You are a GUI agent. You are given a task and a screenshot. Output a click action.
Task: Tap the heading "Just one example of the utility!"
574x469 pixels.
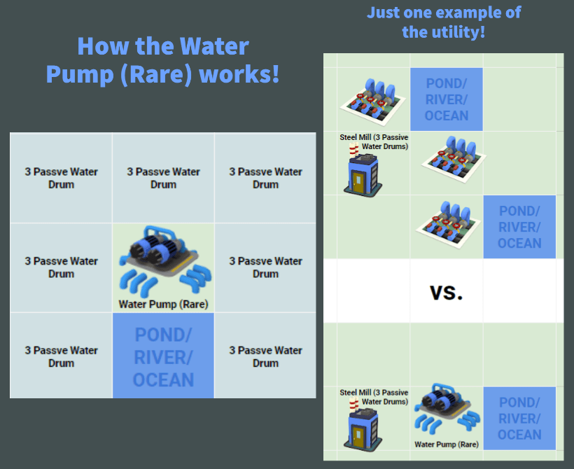pyautogui.click(x=443, y=22)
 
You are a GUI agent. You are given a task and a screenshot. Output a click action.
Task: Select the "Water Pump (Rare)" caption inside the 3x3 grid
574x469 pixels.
pyautogui.click(x=163, y=304)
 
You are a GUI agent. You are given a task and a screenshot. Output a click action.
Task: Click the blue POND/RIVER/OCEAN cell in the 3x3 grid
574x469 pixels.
pyautogui.click(x=163, y=356)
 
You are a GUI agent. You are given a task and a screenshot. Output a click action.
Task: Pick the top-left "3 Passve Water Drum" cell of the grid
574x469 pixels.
pyautogui.click(x=62, y=178)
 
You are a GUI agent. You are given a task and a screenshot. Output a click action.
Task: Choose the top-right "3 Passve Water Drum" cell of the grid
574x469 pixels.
pyautogui.click(x=265, y=178)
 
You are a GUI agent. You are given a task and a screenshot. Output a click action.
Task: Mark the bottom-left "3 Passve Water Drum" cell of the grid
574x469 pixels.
pyautogui.click(x=62, y=356)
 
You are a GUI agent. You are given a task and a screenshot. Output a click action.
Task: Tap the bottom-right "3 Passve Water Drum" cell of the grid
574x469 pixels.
pyautogui.click(x=265, y=356)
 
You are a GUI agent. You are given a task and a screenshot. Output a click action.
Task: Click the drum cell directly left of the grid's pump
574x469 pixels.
pyautogui.click(x=62, y=267)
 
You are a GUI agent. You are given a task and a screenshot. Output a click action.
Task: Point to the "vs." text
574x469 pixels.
pyautogui.click(x=446, y=292)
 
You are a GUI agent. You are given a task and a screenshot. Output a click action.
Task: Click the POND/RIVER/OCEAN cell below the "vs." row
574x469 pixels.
pyautogui.click(x=519, y=419)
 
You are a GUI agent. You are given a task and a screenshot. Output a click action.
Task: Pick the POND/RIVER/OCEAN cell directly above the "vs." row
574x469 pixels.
pyautogui.click(x=519, y=227)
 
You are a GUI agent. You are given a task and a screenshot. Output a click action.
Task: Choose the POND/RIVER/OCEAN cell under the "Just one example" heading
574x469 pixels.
pyautogui.click(x=446, y=99)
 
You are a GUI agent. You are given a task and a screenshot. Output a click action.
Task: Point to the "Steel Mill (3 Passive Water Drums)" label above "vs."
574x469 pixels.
pyautogui.click(x=374, y=142)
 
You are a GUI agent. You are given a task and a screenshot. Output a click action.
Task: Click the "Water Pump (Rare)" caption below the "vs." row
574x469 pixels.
pyautogui.click(x=446, y=444)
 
